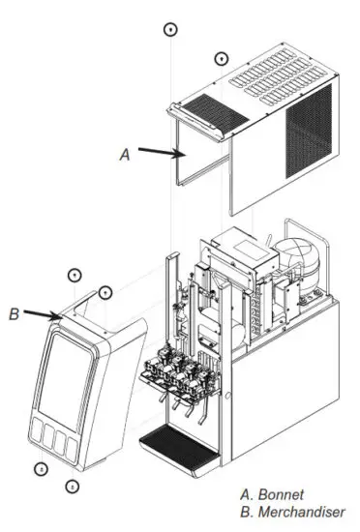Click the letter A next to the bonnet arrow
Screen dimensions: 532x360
click(122, 153)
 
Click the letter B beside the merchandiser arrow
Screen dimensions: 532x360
click(14, 313)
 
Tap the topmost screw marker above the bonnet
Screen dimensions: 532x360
click(170, 30)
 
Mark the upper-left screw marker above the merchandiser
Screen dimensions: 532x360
click(75, 275)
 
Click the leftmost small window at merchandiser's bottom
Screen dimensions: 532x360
click(41, 430)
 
